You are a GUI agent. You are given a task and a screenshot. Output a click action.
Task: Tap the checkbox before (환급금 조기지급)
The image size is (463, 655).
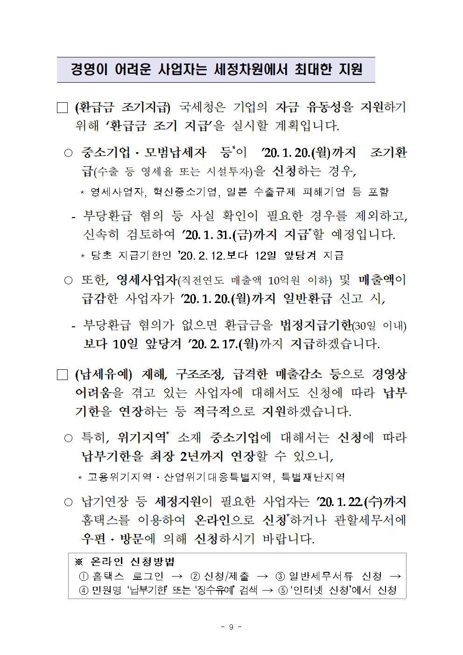[x=62, y=108]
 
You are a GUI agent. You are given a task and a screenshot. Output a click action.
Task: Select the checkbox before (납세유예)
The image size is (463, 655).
[x=62, y=375]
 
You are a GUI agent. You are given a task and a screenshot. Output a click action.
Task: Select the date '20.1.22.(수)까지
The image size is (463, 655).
[x=361, y=502]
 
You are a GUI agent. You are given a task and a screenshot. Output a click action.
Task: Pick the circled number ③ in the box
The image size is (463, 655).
[x=281, y=577]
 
